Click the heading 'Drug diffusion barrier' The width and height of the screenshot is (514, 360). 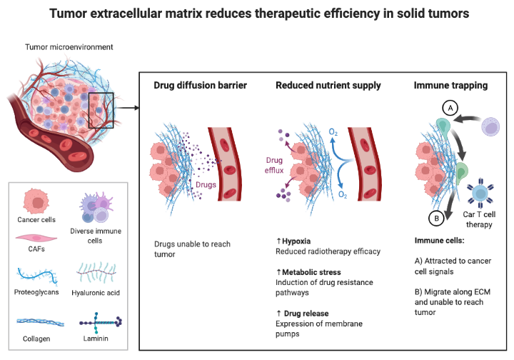201,86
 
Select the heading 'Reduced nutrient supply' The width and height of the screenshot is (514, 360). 328,86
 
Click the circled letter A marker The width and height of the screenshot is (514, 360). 449,108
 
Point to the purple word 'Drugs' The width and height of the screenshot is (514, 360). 206,184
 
